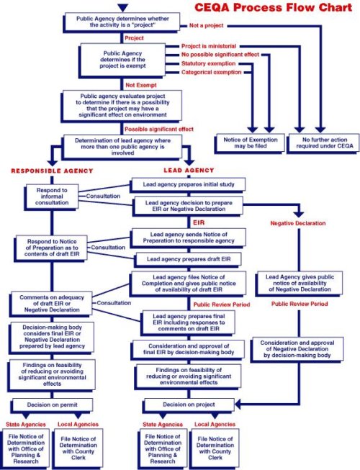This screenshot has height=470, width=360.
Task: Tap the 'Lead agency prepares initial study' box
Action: [x=189, y=184]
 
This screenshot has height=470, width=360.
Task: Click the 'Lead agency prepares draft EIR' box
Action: [x=189, y=258]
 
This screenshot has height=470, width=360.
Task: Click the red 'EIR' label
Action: [x=188, y=223]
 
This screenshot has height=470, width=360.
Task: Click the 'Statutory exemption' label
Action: [x=208, y=63]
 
